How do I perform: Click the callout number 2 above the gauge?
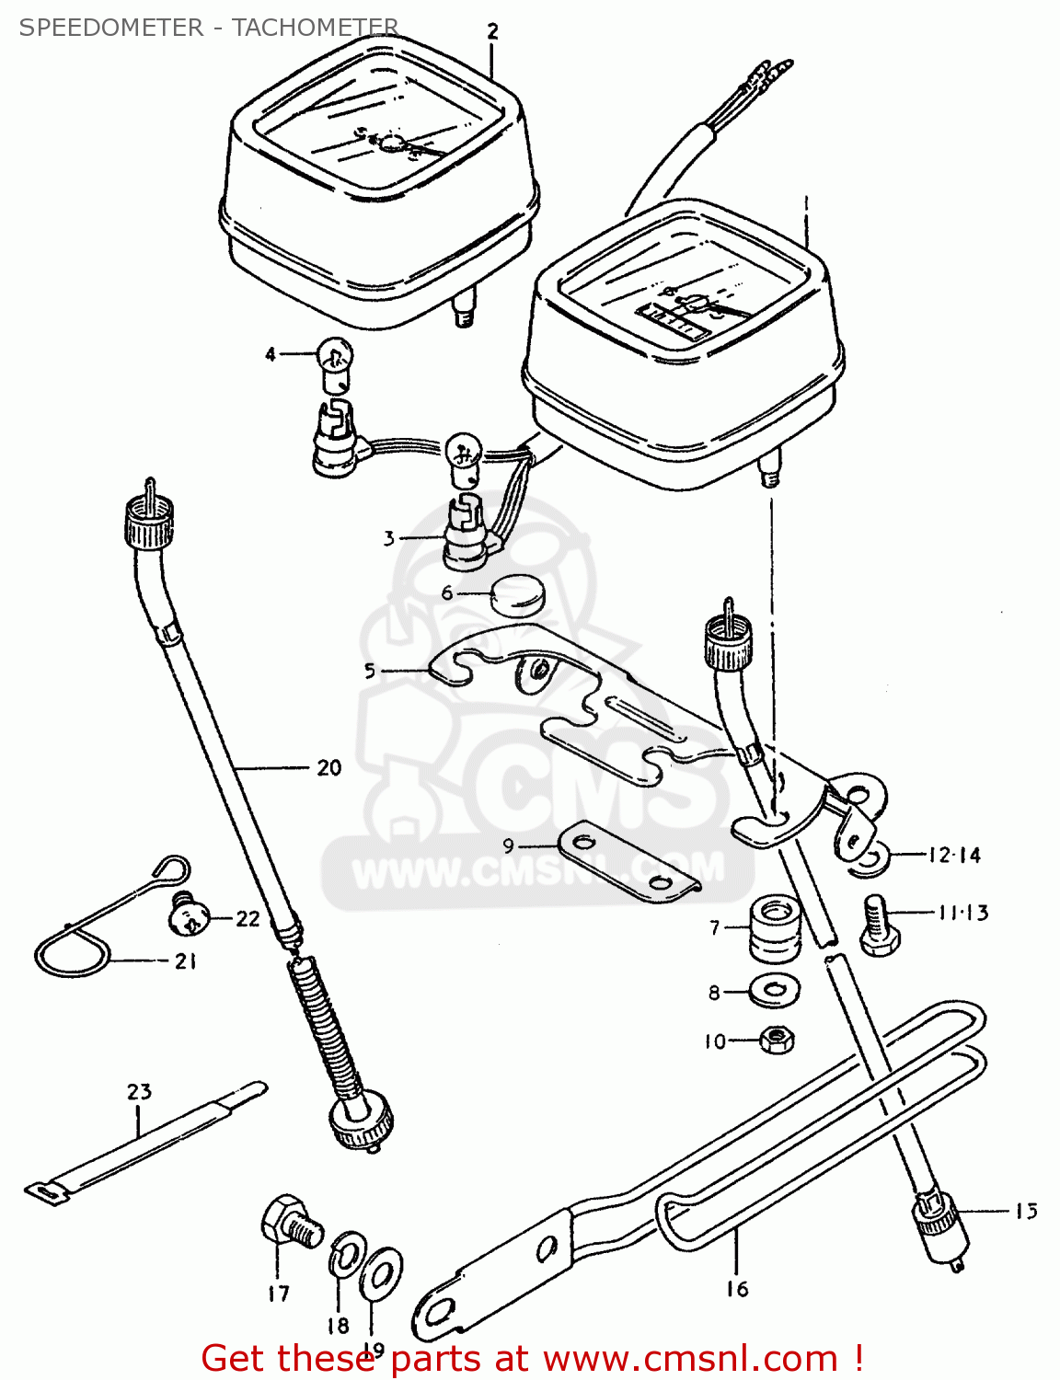point(492,31)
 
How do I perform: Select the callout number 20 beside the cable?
point(328,767)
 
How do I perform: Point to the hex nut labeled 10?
point(778,1041)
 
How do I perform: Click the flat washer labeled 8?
point(775,991)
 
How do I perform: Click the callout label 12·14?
point(953,855)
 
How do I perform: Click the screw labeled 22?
point(189,914)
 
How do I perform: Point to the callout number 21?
point(186,961)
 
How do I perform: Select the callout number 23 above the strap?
point(139,1092)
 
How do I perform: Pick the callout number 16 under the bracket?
point(737,1289)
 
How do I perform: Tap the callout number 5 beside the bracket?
point(370,671)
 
